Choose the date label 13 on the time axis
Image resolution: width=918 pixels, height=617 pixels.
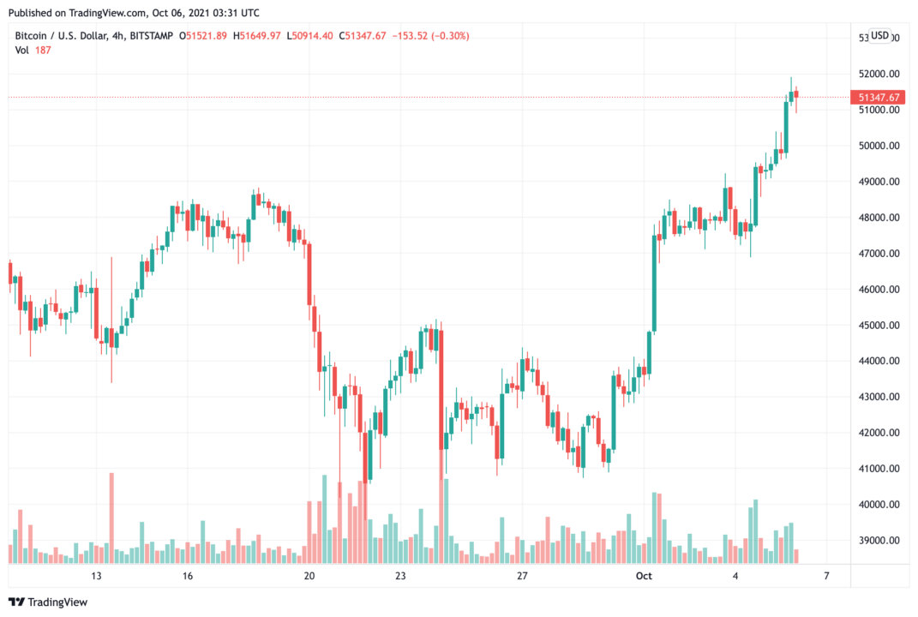click(96, 576)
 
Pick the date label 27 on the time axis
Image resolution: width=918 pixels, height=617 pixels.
click(521, 576)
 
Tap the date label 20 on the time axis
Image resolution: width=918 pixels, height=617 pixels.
click(309, 576)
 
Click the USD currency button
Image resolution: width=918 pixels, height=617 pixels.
click(880, 35)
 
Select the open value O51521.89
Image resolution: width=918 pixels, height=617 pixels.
click(203, 35)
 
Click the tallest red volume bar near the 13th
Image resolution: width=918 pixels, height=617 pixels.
click(111, 518)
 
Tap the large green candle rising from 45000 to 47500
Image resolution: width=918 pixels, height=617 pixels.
click(655, 283)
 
